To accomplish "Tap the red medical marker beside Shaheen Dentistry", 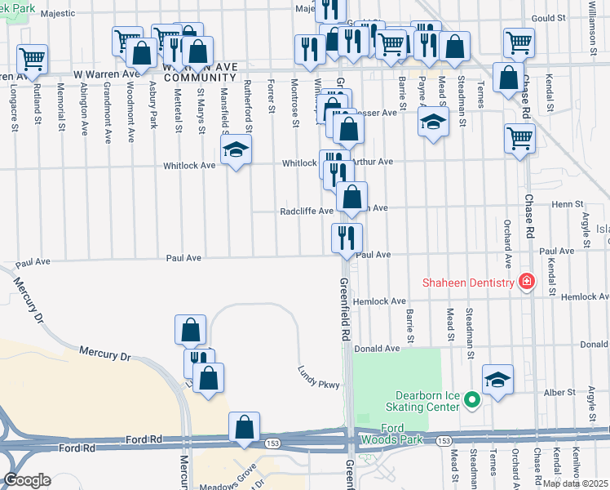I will pos(527,282).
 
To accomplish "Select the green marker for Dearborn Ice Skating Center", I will pos(471,400).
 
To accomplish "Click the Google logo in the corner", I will pos(27,480).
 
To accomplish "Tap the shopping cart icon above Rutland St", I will pos(32,58).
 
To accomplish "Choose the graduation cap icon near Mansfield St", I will pos(236,149).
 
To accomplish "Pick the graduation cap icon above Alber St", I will pos(497,380).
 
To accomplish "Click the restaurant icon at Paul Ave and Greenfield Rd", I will pos(347,238).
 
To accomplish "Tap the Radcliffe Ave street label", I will pos(307,211).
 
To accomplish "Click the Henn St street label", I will pos(568,204).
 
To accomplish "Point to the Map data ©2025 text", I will pos(575,483).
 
